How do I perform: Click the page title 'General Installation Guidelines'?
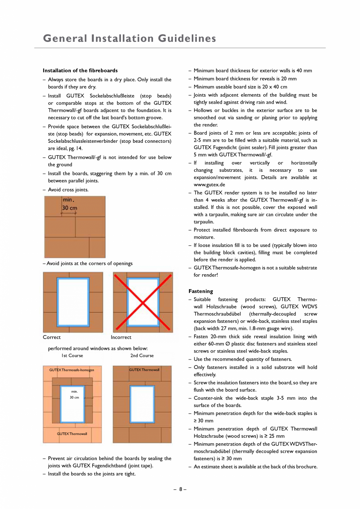tap(129, 38)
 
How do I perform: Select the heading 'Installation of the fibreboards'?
tap(80, 70)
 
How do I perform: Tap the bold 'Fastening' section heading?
tap(201, 291)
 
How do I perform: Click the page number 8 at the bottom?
tap(180, 489)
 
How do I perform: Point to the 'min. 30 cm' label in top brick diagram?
tap(69, 204)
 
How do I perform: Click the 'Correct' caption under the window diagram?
tap(52, 337)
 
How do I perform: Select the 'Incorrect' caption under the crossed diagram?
tap(121, 337)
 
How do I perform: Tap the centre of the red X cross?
tap(143, 302)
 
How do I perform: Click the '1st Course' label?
tap(72, 356)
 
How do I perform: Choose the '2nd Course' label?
tap(142, 356)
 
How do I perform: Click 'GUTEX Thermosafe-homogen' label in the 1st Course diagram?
tap(72, 370)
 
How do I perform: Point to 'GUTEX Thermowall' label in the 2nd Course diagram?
tap(144, 370)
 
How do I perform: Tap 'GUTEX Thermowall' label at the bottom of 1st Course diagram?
tap(72, 433)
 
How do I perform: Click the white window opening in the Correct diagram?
tap(73, 302)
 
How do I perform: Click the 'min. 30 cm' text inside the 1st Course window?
tap(74, 394)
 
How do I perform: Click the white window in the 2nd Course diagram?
tap(142, 404)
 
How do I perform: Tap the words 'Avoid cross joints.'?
tap(68, 190)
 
